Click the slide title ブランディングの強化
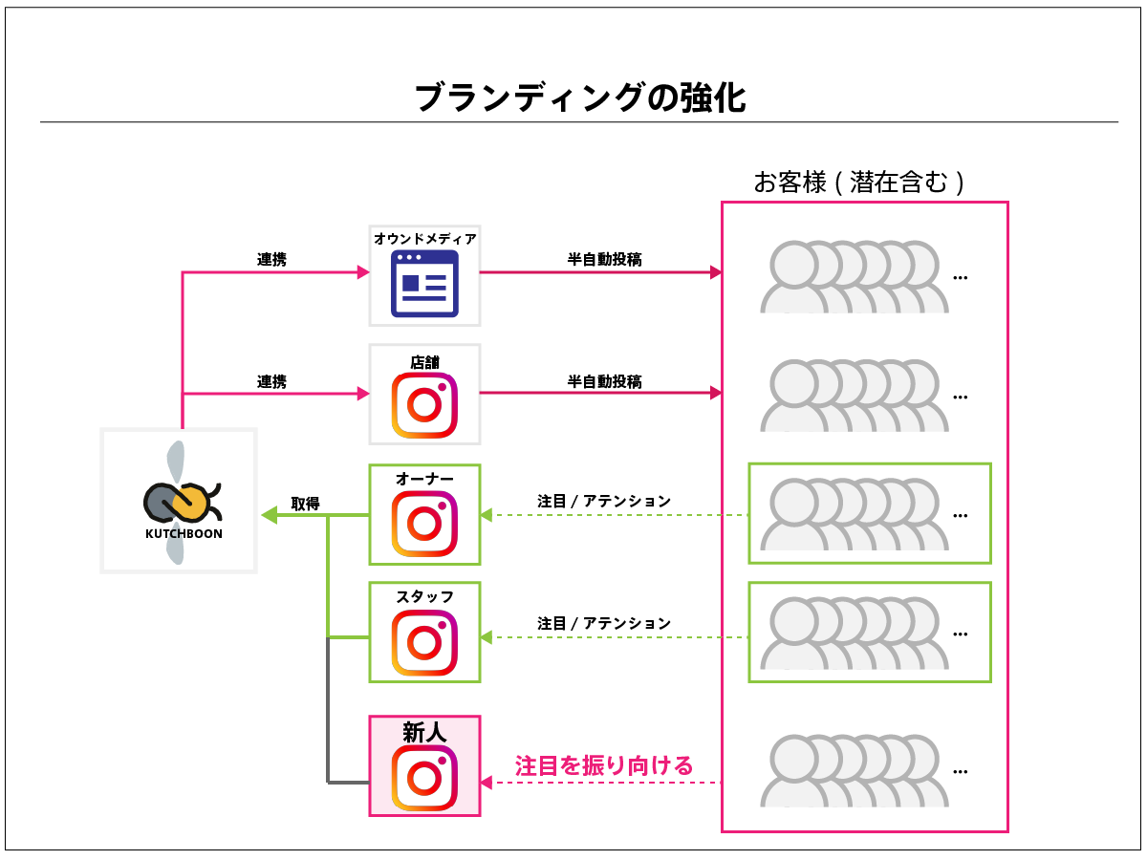tap(580, 97)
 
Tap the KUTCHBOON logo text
tap(184, 534)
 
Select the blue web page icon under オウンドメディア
tap(424, 284)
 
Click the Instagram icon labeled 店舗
tap(424, 405)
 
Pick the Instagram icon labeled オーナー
tap(424, 525)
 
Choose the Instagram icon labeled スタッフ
tap(424, 642)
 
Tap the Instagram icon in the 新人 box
tap(424, 777)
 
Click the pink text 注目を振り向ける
tap(604, 765)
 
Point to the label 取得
tap(305, 504)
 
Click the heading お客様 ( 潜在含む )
tap(858, 183)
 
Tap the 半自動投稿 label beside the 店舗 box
tap(604, 381)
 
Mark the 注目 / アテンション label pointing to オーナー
tap(604, 501)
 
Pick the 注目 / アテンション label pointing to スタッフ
tap(604, 623)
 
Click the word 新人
tap(424, 733)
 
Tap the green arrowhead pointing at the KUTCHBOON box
tap(269, 516)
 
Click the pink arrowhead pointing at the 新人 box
tap(487, 783)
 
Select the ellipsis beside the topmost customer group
tap(961, 278)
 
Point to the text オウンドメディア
tap(424, 239)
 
